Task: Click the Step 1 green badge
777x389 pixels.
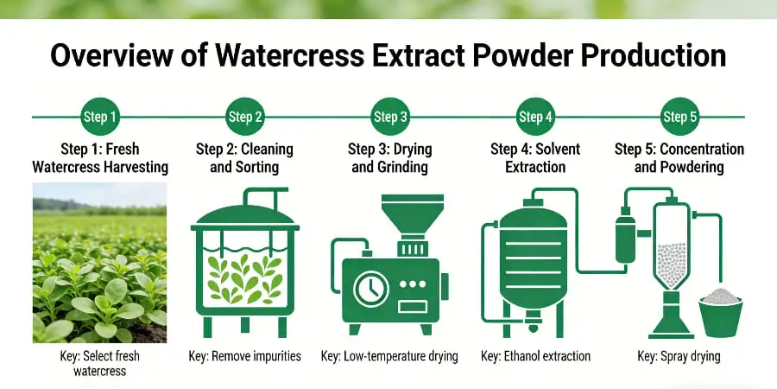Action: [x=99, y=117]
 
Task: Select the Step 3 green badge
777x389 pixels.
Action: [x=389, y=117]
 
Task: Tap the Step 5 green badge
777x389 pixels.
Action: [x=679, y=117]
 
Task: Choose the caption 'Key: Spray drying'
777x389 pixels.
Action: [x=679, y=356]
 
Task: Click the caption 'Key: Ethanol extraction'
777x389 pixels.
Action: [x=535, y=356]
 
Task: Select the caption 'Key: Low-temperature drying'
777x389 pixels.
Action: [x=389, y=356]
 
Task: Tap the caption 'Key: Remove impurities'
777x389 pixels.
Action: [x=244, y=356]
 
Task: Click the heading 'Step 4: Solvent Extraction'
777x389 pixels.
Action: [x=534, y=156]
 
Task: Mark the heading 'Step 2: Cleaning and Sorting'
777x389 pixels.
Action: [x=244, y=156]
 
